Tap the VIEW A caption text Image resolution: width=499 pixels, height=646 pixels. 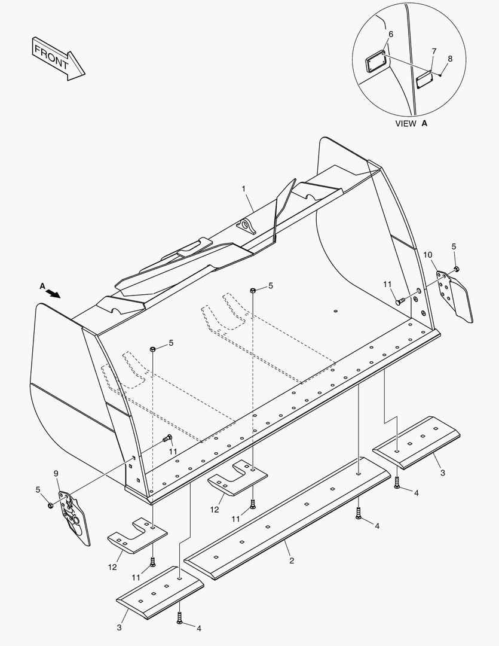[411, 124]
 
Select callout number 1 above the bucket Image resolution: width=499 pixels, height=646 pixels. [244, 189]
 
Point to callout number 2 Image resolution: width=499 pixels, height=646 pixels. [291, 560]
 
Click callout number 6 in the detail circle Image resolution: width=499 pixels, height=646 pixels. [391, 35]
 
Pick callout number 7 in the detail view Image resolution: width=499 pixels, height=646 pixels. [434, 52]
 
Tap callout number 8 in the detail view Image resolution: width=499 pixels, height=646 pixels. [450, 59]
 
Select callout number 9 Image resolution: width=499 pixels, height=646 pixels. [56, 474]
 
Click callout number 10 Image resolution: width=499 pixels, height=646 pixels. [427, 255]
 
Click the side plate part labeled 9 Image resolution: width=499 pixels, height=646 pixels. [74, 516]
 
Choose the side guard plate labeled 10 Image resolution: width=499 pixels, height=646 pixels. [457, 297]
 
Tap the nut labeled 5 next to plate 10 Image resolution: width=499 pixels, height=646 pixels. [457, 269]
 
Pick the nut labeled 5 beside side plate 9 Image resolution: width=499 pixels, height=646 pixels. [51, 506]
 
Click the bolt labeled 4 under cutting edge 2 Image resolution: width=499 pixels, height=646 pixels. [359, 512]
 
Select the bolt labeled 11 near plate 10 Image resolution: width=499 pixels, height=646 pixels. [400, 301]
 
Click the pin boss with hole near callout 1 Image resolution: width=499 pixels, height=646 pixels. [247, 226]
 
